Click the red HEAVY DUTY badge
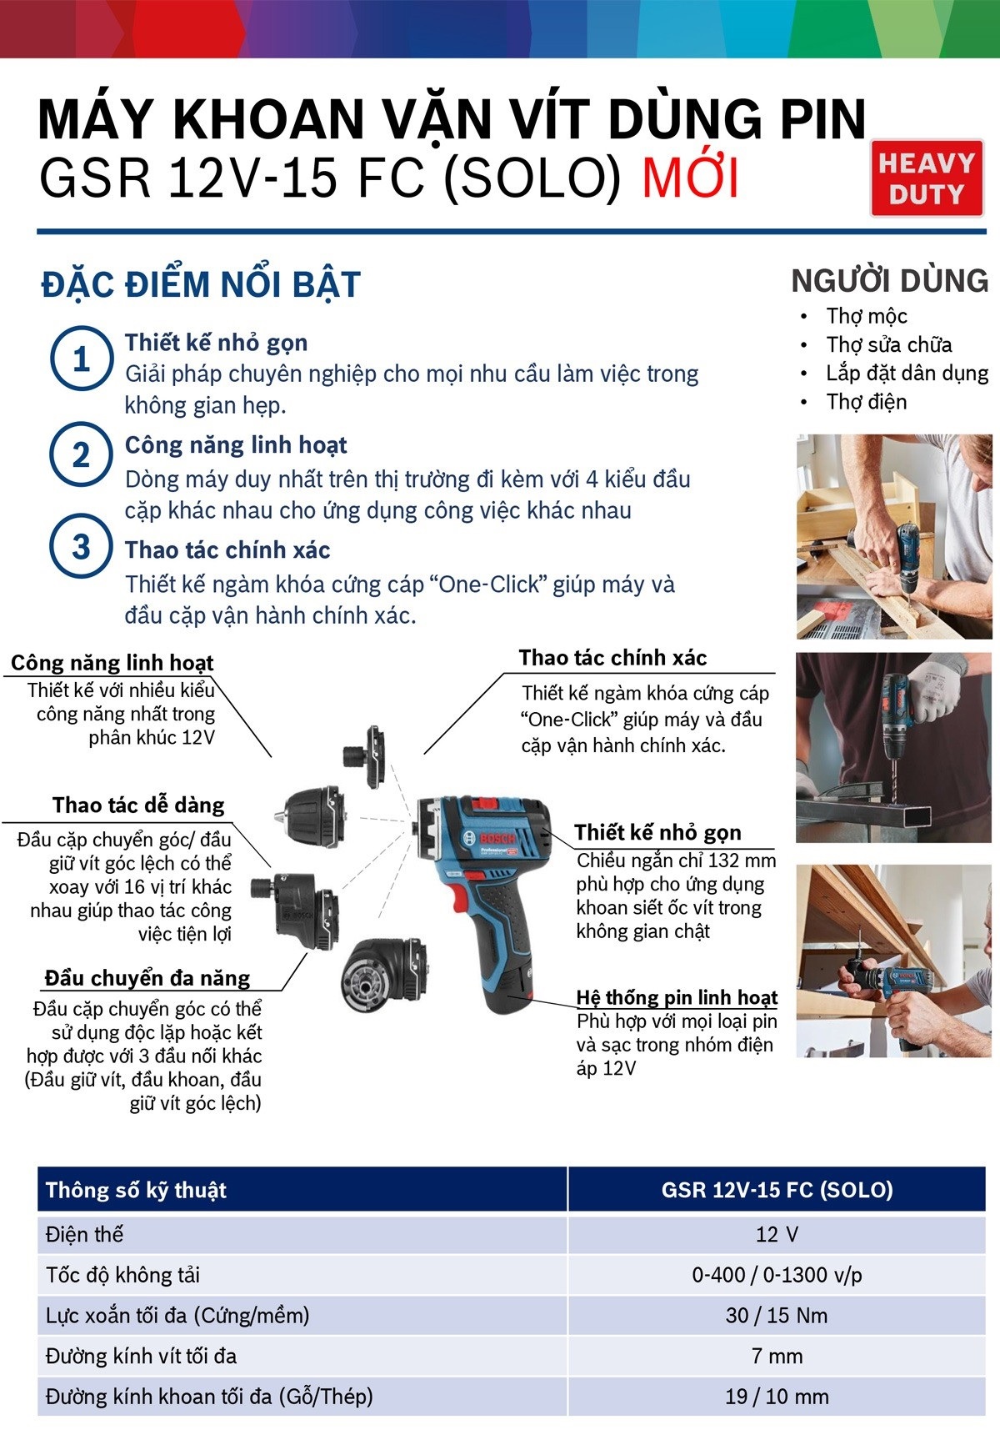[927, 178]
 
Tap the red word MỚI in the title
[690, 178]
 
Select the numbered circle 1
[81, 359]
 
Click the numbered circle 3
[81, 547]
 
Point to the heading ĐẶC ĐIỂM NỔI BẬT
[201, 284]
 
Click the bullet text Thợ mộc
[867, 316]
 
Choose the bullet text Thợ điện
[867, 402]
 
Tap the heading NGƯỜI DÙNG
[890, 280]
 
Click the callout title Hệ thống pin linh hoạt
[677, 997]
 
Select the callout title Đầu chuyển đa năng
[147, 978]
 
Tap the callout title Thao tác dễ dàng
[138, 805]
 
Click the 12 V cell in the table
[777, 1234]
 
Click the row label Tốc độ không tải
[122, 1275]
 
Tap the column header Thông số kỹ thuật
[136, 1190]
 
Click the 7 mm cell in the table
[777, 1356]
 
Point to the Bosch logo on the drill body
[497, 836]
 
